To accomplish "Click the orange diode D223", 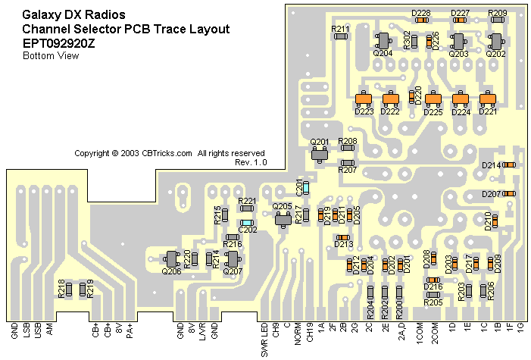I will pos(364,99).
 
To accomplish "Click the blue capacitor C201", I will pos(305,189).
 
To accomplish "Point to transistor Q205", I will pos(283,220).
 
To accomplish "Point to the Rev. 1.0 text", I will pos(251,162).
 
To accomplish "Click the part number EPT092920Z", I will pos(58,42).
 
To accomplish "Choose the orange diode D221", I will pos(489,99).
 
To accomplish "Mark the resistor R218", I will pos(68,289).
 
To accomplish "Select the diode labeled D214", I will pos(509,164).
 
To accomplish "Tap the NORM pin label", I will pos(298,333).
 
